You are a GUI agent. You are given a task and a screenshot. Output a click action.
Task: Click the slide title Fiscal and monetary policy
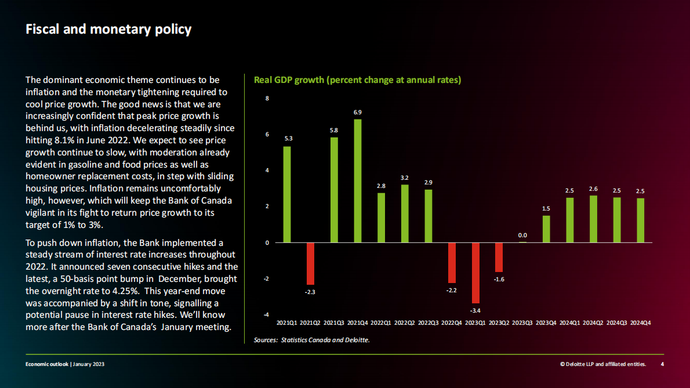[108, 30]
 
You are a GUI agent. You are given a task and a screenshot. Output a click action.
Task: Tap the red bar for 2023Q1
[475, 273]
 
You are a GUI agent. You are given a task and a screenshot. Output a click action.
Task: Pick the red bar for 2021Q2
[310, 263]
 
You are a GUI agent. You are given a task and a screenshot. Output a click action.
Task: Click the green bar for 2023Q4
[546, 229]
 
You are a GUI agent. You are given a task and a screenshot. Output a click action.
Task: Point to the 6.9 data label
[358, 112]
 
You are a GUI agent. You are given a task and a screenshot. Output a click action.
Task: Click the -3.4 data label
[475, 311]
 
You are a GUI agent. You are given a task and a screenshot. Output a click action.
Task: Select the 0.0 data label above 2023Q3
[522, 235]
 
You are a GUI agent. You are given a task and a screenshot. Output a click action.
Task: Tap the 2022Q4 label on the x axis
[452, 322]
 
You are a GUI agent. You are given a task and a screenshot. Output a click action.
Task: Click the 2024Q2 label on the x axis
[593, 322]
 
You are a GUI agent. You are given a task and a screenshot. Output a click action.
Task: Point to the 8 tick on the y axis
[267, 99]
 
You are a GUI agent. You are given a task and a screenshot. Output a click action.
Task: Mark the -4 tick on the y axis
[267, 315]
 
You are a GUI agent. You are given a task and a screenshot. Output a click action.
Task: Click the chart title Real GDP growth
[357, 80]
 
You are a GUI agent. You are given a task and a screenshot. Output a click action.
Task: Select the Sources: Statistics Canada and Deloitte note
[311, 340]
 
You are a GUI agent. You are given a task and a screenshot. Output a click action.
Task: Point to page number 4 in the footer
[662, 364]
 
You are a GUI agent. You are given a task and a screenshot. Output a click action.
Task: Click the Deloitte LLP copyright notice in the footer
[603, 364]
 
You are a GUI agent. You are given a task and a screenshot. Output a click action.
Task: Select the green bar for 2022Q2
[405, 213]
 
